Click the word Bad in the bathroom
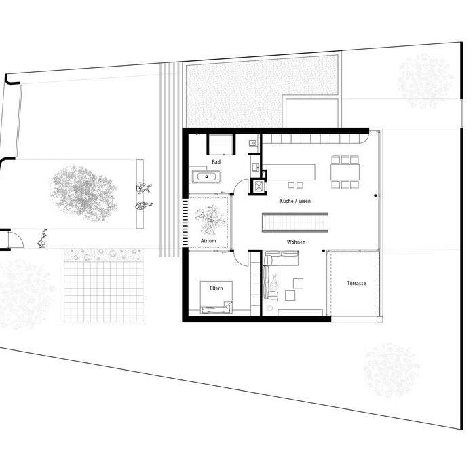click(216, 162)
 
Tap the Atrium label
click(208, 241)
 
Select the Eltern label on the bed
click(216, 288)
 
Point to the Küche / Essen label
click(295, 201)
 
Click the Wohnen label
click(296, 242)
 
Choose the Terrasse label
click(356, 283)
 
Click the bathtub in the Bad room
click(206, 176)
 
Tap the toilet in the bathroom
click(254, 144)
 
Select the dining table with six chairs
click(345, 172)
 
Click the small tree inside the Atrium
click(210, 220)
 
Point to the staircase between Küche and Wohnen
click(295, 223)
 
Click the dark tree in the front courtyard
click(83, 193)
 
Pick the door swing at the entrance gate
click(16, 240)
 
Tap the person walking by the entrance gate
click(42, 238)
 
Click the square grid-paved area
click(104, 291)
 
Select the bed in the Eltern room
click(216, 297)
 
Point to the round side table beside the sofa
click(269, 308)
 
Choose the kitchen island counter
click(291, 172)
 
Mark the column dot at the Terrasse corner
click(324, 251)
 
